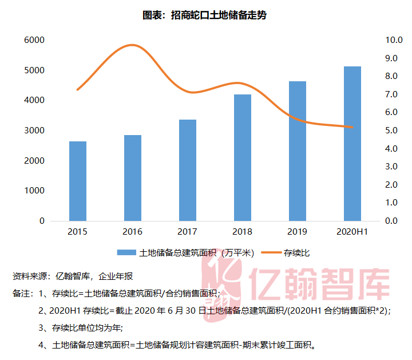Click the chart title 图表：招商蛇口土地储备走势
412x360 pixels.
[x=204, y=15]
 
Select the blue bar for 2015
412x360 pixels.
[x=77, y=181]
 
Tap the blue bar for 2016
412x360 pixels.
[x=132, y=178]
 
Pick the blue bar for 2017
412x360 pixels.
[x=187, y=170]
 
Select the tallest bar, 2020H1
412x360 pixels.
[x=352, y=144]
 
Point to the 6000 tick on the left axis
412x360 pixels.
[x=34, y=40]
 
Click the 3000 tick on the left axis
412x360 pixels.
[x=34, y=130]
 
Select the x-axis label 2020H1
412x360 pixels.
[x=352, y=232]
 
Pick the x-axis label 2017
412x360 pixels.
[x=187, y=232]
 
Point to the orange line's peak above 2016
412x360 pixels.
[x=132, y=45]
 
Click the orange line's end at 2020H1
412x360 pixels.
[x=352, y=127]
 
